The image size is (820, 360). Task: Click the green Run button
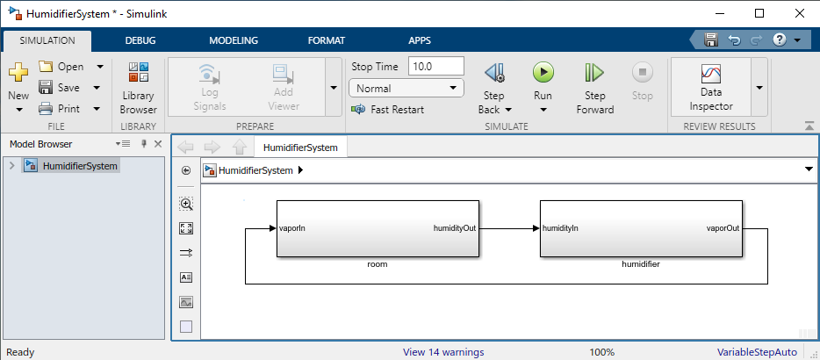tap(543, 73)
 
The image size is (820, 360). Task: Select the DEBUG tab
tap(141, 40)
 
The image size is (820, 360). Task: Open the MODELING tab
tap(234, 40)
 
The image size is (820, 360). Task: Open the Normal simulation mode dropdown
tap(406, 88)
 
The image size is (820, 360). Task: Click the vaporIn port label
tap(291, 228)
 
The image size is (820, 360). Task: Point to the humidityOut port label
tap(454, 228)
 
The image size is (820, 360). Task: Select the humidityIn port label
tap(560, 228)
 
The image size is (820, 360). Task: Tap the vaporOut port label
tap(723, 228)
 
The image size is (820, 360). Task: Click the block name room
tap(378, 263)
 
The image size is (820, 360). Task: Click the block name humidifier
tap(640, 263)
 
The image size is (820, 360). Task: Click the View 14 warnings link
tap(442, 352)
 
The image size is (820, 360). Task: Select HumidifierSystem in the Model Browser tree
tap(80, 165)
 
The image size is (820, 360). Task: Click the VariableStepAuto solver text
tap(757, 352)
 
